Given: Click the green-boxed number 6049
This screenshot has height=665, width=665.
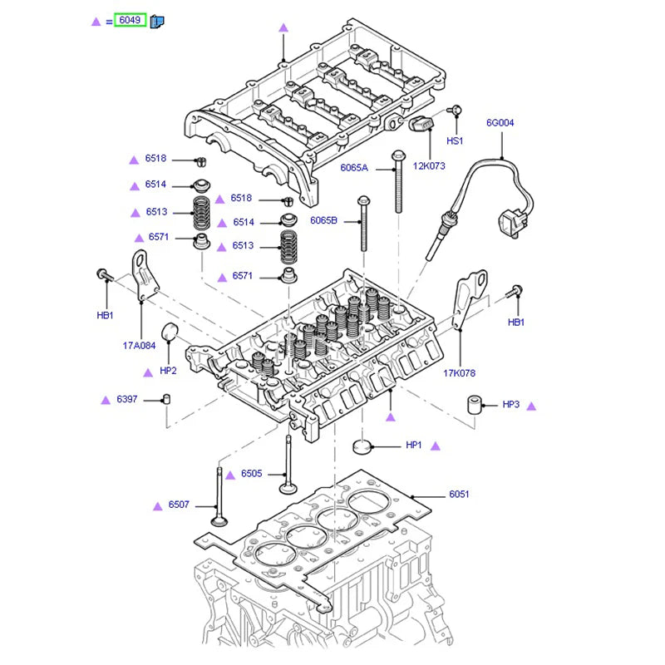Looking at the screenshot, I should tap(130, 20).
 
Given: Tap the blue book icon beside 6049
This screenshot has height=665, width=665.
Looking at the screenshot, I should tap(157, 21).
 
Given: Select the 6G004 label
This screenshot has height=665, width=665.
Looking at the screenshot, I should tap(500, 123).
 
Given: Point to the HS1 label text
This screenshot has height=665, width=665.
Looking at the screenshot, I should tap(455, 141).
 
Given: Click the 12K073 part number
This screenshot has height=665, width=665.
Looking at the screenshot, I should tap(429, 165).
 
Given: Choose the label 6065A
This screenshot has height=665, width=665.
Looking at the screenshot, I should tap(353, 168).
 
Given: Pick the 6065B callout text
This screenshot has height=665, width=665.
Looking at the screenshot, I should tap(323, 220).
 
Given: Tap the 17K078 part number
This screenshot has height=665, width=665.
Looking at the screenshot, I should tap(459, 373).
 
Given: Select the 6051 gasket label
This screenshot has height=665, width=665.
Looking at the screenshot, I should tap(459, 495).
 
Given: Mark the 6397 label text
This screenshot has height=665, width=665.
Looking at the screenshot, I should tap(127, 400).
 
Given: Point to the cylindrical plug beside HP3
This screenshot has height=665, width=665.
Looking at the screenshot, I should tap(475, 406).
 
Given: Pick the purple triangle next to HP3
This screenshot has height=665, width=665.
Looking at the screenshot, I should tap(532, 406).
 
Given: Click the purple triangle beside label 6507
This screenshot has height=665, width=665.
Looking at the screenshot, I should tap(157, 505).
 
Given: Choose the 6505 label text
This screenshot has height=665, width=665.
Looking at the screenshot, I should tap(251, 474).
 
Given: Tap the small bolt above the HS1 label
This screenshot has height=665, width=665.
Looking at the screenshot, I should tap(455, 111).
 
